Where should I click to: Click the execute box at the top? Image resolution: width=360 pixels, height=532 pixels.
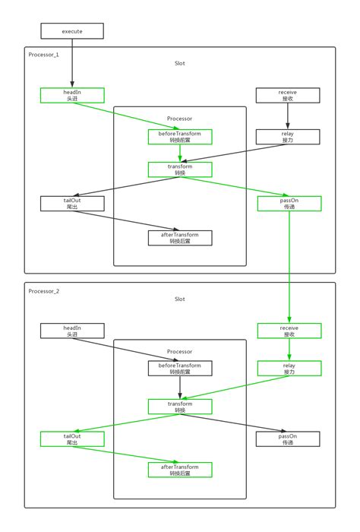coord(72,31)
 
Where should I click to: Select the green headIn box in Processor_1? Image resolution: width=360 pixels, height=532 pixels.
coord(72,95)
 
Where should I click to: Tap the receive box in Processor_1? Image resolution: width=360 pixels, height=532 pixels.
coord(288,95)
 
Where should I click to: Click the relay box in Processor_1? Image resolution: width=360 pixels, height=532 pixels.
coord(288,137)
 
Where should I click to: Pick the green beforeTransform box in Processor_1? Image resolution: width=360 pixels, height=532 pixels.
coord(180,137)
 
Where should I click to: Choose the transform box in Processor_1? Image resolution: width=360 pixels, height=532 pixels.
coord(180,169)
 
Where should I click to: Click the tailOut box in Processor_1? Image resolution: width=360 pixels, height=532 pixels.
coord(72,204)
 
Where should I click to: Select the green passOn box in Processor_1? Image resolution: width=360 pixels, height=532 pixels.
coord(289,204)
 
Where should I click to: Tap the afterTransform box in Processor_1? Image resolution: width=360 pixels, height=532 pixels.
coord(180,238)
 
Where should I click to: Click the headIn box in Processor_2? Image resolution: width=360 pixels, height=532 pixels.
coord(72,331)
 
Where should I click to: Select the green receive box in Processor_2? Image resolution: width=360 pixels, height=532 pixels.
coord(289,331)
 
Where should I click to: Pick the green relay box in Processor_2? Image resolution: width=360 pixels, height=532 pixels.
coord(289,369)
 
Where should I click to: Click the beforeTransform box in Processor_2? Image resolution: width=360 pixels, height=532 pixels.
coord(180,369)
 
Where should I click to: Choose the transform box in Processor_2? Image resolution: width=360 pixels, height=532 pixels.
coord(180,407)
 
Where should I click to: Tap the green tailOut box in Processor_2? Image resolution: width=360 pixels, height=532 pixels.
coord(72,439)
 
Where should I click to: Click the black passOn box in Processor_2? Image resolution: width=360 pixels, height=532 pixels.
coord(288,439)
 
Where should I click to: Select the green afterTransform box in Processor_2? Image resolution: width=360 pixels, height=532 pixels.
coord(180,470)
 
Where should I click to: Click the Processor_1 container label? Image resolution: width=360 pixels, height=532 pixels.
coord(43,55)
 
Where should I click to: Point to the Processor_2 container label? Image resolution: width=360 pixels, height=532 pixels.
coord(43,290)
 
